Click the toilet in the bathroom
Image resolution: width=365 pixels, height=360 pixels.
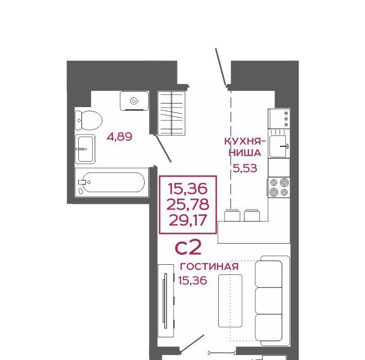[89, 120]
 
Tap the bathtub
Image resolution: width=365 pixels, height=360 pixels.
[112, 182]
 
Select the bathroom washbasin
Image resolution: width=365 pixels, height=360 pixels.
[85, 149]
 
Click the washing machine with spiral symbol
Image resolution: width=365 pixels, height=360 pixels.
[134, 101]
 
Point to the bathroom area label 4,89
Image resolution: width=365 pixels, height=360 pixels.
[119, 136]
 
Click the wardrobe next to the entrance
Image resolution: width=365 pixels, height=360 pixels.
[171, 113]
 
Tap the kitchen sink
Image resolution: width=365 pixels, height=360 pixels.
[279, 147]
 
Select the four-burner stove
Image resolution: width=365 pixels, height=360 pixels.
[279, 187]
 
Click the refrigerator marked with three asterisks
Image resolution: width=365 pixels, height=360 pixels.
[279, 119]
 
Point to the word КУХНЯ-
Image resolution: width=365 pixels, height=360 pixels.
[245, 141]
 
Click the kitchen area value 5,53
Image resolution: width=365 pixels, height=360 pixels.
[245, 168]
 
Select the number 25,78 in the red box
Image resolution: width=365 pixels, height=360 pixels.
[188, 204]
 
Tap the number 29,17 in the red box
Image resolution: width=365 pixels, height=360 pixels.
[188, 220]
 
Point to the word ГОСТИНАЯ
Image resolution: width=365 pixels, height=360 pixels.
[210, 266]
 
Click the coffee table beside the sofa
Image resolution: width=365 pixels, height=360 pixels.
[230, 301]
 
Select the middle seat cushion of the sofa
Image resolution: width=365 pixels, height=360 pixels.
[269, 301]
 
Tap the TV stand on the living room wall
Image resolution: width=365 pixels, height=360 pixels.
[166, 301]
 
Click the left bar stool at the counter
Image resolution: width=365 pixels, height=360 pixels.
[232, 215]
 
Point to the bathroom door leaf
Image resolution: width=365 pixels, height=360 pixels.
[163, 148]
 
